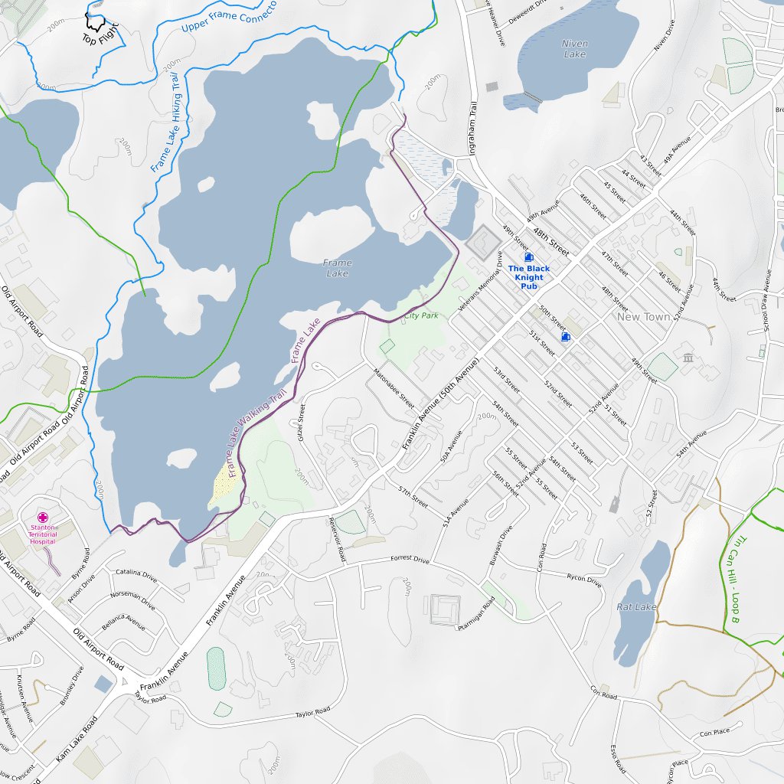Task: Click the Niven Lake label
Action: tap(574, 49)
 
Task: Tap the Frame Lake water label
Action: tap(338, 268)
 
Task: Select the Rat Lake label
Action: tap(636, 606)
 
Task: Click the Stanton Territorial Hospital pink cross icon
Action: tap(43, 518)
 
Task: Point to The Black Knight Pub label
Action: tap(529, 277)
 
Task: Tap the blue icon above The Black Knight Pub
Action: tap(528, 258)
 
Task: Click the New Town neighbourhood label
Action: tap(643, 316)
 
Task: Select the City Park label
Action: tap(421, 315)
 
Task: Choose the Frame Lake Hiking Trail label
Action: tap(165, 122)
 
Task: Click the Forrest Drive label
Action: tap(410, 559)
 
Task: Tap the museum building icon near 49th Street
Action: tap(688, 358)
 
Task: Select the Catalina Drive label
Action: tap(136, 574)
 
